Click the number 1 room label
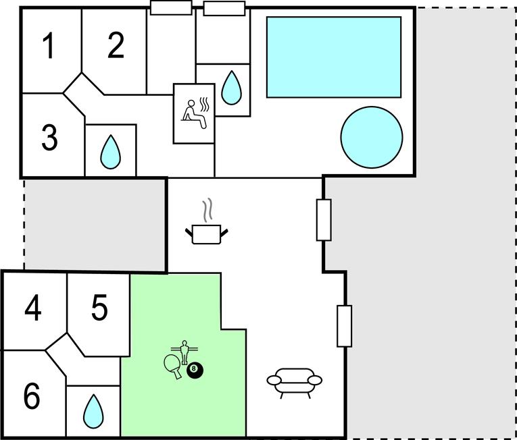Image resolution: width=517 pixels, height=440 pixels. [48, 47]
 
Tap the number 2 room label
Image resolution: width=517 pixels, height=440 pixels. [116, 46]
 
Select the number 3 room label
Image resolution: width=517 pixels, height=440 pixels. [49, 138]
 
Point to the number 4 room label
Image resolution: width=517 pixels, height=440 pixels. [32, 309]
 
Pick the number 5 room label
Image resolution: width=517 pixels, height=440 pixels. [99, 309]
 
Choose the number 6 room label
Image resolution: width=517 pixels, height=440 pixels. [32, 396]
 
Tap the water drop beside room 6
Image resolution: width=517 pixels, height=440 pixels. [93, 410]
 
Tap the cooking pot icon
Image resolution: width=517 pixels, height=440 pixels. [207, 234]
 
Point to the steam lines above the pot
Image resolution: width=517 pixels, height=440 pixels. [210, 209]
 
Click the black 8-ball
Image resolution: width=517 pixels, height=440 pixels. [195, 369]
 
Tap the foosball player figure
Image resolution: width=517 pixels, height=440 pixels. [182, 350]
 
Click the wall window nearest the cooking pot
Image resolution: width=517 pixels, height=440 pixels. [324, 220]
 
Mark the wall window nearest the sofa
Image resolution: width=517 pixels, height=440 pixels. [344, 326]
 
